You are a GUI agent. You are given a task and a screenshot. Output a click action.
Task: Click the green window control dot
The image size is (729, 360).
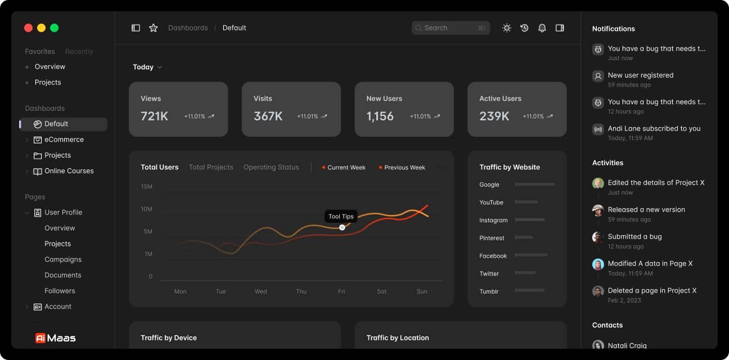point(54,28)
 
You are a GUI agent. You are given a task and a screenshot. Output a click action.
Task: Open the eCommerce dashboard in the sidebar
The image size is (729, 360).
point(64,139)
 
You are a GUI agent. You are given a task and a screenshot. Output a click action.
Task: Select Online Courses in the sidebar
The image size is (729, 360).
point(69,171)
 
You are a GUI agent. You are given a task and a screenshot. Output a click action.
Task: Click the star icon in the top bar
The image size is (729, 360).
point(153,28)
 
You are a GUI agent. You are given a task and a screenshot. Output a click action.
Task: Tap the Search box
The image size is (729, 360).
point(450,28)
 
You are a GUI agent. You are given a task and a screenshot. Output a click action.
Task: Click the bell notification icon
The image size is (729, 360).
point(542,28)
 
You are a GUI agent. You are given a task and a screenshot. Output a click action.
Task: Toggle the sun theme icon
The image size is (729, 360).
point(507,28)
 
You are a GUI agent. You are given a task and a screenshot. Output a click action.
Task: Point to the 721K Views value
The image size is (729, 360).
point(155,116)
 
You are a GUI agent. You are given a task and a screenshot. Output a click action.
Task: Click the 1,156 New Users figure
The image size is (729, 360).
point(380,116)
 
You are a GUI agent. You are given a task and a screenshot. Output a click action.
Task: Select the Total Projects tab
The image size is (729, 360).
point(211,167)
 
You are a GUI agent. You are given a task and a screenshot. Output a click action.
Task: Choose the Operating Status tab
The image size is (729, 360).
point(271,167)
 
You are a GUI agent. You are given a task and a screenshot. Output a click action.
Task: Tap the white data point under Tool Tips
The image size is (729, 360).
point(342,227)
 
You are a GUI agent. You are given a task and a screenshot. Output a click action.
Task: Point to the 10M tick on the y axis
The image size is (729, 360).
point(146,209)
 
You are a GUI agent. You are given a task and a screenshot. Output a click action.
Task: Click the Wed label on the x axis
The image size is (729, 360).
point(260,291)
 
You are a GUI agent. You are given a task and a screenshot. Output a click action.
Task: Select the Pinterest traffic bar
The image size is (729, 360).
point(524,237)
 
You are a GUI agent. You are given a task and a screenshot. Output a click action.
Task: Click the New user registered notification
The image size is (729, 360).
point(640,75)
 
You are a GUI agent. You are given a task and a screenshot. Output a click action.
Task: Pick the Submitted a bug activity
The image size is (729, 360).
point(634,237)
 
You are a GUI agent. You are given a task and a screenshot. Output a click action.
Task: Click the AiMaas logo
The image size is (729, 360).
point(55,338)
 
